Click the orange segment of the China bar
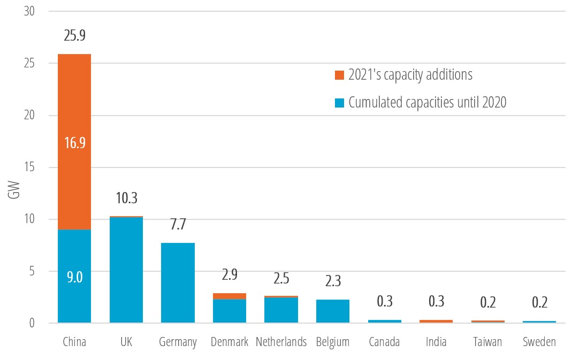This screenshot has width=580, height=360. click(74, 107)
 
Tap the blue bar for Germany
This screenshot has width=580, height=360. click(178, 284)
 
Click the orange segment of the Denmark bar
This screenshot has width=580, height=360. click(230, 296)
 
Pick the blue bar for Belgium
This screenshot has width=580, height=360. click(333, 311)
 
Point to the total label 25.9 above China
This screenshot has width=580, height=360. click(74, 36)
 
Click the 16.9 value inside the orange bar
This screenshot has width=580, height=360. click(74, 143)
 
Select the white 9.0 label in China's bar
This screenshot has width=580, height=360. click(74, 277)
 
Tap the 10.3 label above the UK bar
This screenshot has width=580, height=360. click(126, 198)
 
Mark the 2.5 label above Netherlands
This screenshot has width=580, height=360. click(281, 278)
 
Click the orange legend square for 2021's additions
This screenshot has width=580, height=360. click(339, 75)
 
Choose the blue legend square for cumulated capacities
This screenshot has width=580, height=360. click(339, 103)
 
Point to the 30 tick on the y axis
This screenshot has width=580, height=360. click(30, 11)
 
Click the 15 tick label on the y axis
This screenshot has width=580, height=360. click(30, 167)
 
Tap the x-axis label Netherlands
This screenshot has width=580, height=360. click(281, 342)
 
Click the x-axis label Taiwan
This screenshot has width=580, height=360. click(488, 342)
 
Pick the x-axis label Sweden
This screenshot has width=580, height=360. click(539, 342)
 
